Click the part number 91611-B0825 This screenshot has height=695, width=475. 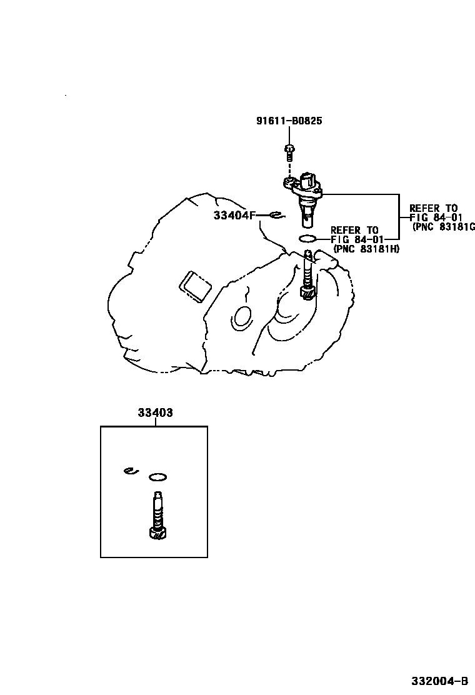click(289, 121)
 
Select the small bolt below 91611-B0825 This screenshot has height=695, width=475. click(289, 150)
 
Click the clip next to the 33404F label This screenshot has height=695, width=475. click(276, 216)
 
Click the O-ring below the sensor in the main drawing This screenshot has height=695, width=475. click(307, 238)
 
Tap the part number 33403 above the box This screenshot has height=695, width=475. click(155, 412)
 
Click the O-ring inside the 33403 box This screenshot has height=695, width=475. click(158, 478)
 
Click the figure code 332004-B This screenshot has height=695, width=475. click(439, 681)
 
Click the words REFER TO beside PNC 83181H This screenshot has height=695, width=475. click(354, 230)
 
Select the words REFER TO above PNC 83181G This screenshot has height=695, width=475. click(433, 208)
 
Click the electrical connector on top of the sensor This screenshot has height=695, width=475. click(309, 181)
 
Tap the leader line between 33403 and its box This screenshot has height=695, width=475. click(155, 422)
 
